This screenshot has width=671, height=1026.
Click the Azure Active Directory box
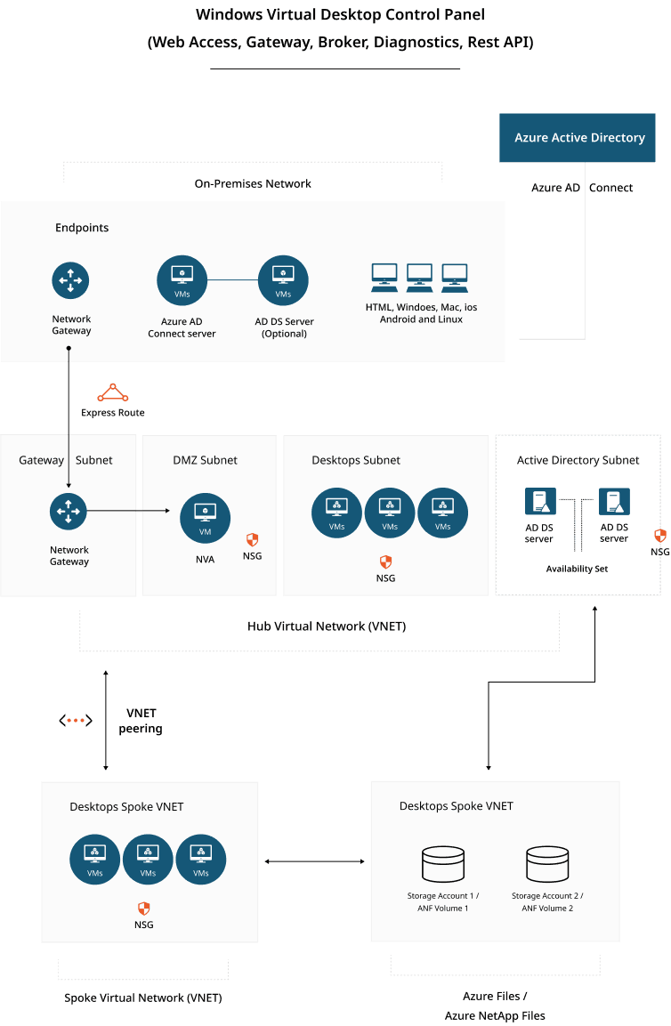click(x=579, y=138)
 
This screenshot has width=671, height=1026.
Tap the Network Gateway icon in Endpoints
click(x=70, y=281)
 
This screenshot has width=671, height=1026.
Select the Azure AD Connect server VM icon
click(x=182, y=281)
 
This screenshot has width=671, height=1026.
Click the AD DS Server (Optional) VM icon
click(x=283, y=281)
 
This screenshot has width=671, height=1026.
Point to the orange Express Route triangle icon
click(x=113, y=393)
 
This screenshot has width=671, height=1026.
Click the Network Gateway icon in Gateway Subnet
click(x=69, y=511)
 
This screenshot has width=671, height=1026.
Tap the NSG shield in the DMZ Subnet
click(x=252, y=540)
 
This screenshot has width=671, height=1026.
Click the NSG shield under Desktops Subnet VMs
click(x=385, y=561)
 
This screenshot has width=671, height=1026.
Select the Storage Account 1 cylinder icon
click(x=442, y=863)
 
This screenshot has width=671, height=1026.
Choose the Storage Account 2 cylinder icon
click(x=547, y=863)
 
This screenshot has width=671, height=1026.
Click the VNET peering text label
click(x=141, y=722)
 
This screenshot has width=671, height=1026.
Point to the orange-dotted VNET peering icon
click(x=77, y=720)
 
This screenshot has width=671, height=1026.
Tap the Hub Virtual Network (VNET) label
click(x=326, y=626)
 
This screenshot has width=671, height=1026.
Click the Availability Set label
click(x=577, y=569)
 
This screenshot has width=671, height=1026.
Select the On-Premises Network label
click(x=253, y=183)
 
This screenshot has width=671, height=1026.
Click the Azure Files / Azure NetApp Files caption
click(x=495, y=1006)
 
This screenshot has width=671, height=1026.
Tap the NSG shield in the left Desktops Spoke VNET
click(x=142, y=909)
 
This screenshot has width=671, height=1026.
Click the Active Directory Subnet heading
click(x=578, y=460)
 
